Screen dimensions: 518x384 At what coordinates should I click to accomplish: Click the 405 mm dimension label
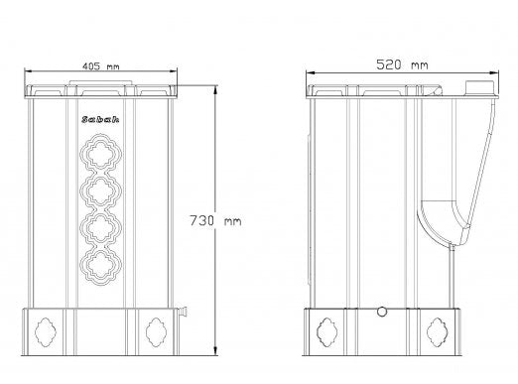[100, 66]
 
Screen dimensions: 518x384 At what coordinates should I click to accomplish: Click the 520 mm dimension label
[402, 64]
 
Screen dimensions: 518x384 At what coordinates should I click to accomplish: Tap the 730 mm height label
[215, 220]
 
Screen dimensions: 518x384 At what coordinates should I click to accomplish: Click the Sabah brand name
[100, 119]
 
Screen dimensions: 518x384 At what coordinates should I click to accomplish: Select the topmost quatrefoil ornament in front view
[101, 153]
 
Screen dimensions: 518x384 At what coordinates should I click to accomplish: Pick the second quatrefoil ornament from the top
[101, 191]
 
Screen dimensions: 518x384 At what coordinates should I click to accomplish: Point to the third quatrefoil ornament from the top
[101, 228]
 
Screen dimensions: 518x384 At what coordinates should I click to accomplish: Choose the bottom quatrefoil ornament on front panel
[101, 266]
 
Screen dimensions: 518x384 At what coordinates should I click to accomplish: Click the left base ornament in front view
[46, 332]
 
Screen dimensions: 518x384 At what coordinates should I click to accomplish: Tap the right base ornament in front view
[156, 332]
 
